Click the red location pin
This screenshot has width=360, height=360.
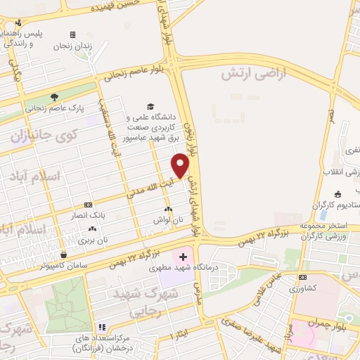[181, 165]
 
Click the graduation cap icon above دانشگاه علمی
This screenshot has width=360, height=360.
[150, 105]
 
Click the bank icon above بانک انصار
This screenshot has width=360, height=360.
[96, 205]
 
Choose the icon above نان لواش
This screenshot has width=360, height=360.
[167, 210]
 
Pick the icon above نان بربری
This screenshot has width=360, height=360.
[92, 229]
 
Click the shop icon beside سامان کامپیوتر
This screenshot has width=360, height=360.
[64, 255]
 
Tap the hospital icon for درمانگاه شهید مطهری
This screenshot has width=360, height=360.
[184, 256]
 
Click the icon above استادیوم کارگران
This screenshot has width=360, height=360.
[337, 194]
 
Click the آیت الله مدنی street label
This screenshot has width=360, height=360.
[150, 184]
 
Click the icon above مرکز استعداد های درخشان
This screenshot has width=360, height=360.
[102, 327]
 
